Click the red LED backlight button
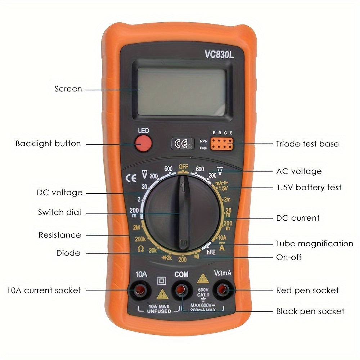(x=143, y=144)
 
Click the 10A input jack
(x=138, y=290)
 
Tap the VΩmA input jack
(x=223, y=290)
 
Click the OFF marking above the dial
(x=183, y=167)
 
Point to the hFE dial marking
(x=211, y=252)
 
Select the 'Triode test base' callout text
(x=307, y=144)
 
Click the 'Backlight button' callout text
(x=48, y=144)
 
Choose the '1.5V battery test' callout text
(x=309, y=187)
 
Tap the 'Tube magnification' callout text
(x=314, y=244)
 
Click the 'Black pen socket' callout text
(x=310, y=311)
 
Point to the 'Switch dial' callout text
(x=59, y=212)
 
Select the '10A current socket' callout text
(x=44, y=290)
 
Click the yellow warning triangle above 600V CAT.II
(x=203, y=278)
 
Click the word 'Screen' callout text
(x=68, y=89)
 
